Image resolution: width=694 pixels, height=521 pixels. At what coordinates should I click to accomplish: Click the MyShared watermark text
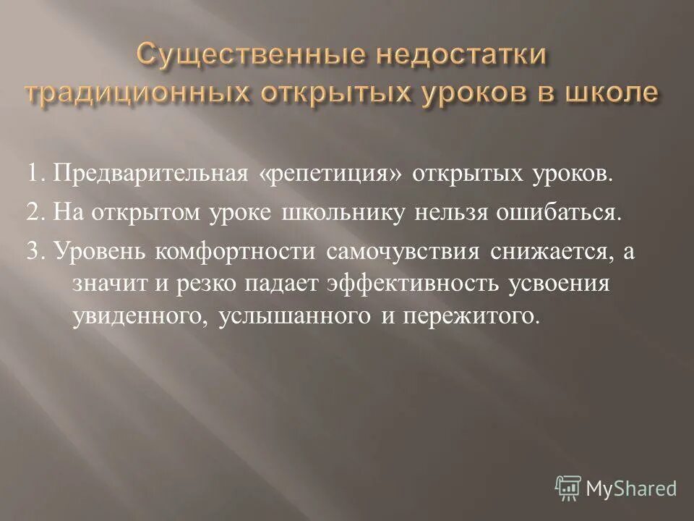click(x=631, y=488)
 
